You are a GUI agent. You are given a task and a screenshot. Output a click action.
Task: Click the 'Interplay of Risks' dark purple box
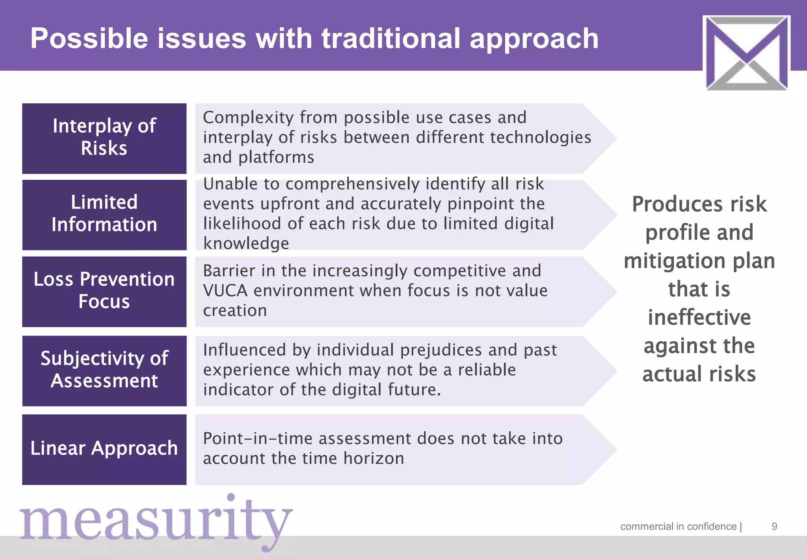(104, 138)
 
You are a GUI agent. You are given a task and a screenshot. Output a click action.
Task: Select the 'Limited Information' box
(104, 215)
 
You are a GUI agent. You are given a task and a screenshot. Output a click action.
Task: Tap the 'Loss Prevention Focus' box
(104, 291)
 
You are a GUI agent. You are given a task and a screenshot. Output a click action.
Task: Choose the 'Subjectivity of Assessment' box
(104, 371)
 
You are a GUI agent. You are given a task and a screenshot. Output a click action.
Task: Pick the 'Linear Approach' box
(104, 449)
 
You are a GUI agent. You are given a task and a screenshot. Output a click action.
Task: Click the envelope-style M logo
(746, 52)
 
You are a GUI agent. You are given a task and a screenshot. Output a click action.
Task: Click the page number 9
(774, 527)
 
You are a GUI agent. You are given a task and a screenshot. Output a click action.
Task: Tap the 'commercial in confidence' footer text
(679, 527)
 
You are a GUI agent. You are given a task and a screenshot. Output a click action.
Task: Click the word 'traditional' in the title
(390, 39)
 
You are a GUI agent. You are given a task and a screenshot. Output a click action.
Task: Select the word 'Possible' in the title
(89, 39)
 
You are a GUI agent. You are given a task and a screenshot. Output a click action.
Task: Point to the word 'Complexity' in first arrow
(248, 117)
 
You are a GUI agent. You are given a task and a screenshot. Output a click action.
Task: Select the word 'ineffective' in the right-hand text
(699, 317)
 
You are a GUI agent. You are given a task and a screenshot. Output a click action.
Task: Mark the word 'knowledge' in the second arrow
(246, 243)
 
